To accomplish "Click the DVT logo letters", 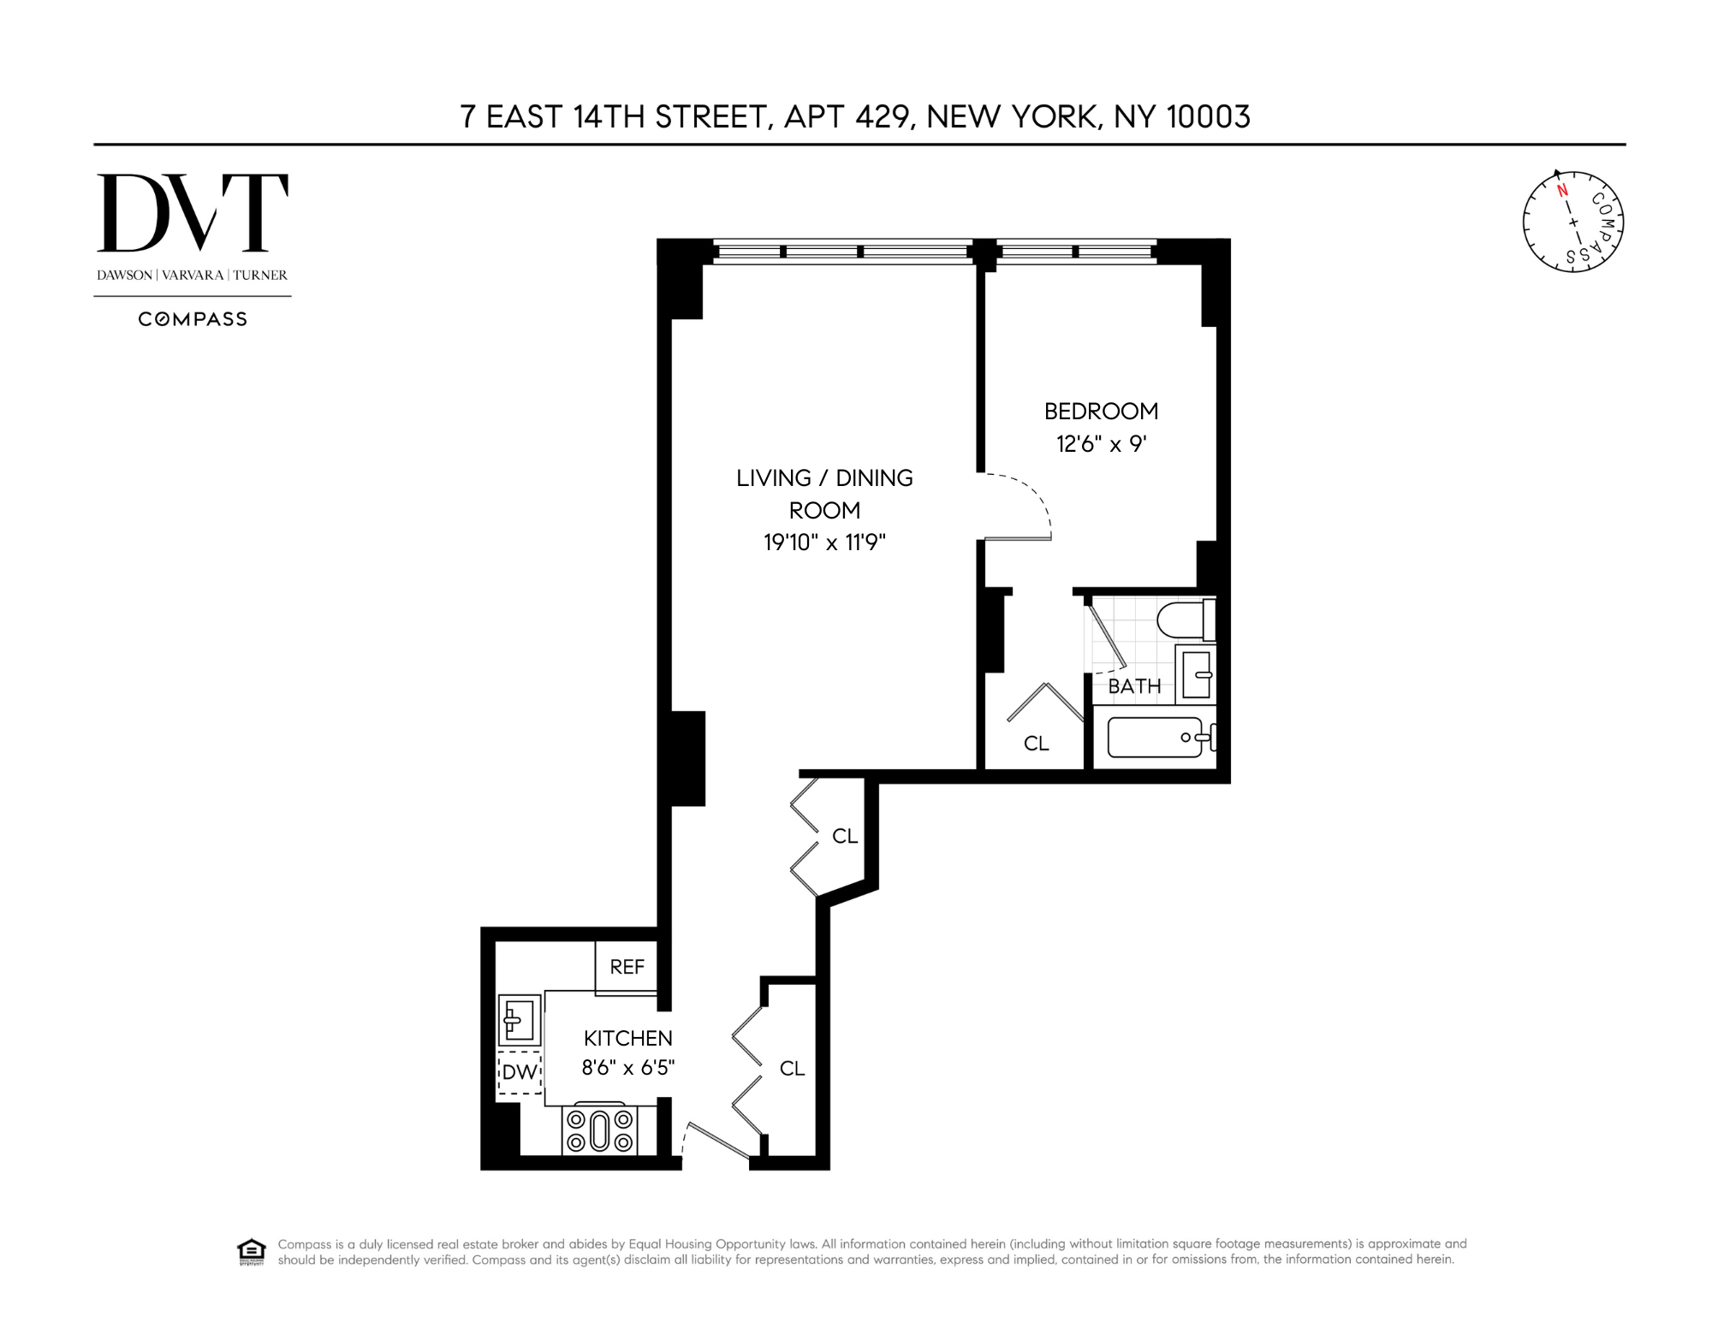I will tap(193, 213).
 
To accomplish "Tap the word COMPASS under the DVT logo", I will tap(193, 319).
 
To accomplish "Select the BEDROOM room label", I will tap(1101, 412).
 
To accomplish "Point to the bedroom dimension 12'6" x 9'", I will tap(1101, 444).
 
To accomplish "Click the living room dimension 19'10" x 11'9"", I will tap(824, 542).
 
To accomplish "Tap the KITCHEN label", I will tap(628, 1038).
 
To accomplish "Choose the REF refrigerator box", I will tap(627, 967).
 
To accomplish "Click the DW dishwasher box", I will tap(520, 1072).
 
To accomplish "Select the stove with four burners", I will tap(600, 1130).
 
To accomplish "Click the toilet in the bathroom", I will tap(1185, 620).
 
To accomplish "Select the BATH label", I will tap(1134, 686).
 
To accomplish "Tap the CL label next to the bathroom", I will tap(1037, 744).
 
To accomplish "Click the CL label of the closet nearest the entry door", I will tap(792, 1068).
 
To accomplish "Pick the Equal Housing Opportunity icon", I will tap(250, 1251).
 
